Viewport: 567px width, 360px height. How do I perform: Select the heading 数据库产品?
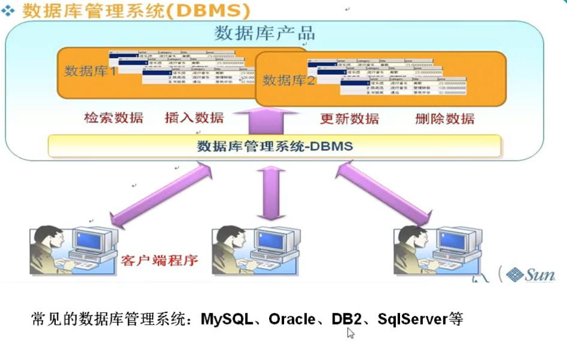click(x=264, y=34)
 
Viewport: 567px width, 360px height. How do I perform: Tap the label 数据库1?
click(x=91, y=71)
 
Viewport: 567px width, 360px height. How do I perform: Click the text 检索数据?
click(x=114, y=118)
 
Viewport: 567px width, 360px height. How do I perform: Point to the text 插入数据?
click(x=193, y=118)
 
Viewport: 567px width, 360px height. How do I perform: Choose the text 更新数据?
click(x=349, y=118)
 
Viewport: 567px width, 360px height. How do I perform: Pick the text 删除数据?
click(x=444, y=118)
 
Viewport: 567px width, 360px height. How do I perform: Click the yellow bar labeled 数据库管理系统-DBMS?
click(x=274, y=146)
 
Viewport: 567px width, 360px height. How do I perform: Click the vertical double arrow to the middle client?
click(x=269, y=194)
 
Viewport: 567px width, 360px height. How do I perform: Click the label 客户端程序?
click(x=159, y=260)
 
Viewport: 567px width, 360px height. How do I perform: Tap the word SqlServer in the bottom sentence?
click(x=412, y=319)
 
